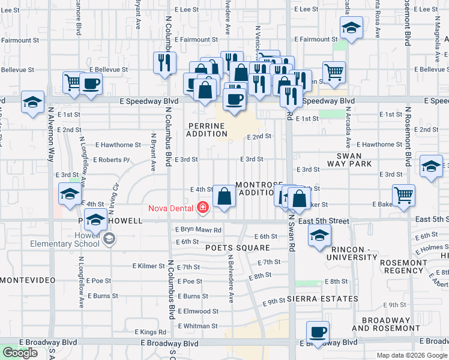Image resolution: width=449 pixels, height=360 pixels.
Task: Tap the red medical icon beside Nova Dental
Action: [203, 208]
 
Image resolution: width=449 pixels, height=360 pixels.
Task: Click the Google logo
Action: [20, 353]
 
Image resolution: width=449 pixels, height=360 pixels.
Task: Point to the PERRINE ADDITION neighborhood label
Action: [206, 130]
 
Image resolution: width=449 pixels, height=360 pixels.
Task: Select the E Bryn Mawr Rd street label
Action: [198, 230]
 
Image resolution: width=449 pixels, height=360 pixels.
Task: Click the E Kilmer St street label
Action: [148, 266]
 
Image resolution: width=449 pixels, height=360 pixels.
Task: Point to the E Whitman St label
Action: [197, 326]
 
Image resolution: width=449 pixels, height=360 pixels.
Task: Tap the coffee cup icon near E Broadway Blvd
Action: [317, 332]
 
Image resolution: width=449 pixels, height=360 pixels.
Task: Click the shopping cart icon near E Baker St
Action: [404, 194]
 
